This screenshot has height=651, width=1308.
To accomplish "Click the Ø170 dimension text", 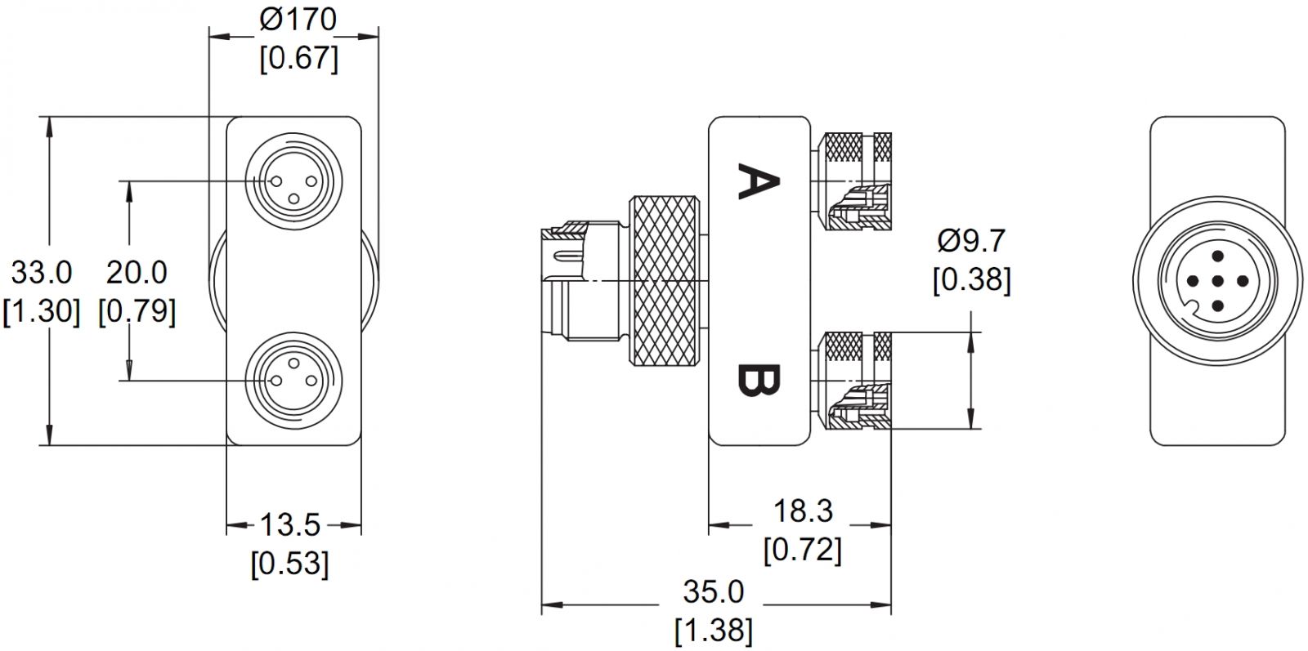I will [298, 20].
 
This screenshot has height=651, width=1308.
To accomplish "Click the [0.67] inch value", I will [298, 58].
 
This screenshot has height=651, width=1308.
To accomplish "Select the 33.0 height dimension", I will [42, 272].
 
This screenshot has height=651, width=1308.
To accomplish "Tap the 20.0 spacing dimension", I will [137, 272].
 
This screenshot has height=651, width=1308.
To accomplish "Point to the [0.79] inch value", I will [137, 310].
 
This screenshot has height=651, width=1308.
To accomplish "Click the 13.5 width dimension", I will [290, 524].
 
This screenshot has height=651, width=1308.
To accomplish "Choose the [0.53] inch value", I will [290, 563].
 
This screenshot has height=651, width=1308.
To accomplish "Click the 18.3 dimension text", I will [803, 511].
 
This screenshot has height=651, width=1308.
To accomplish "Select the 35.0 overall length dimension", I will [714, 591].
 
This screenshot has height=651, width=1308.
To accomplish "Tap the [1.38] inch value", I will [714, 630].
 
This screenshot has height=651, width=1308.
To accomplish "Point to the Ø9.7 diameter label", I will [971, 241].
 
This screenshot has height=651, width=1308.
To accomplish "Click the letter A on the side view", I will [757, 181].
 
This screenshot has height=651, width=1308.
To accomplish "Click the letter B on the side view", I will [757, 379].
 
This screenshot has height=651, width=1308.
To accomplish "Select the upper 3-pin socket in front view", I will [293, 180].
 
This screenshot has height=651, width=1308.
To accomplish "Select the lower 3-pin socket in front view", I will [293, 381].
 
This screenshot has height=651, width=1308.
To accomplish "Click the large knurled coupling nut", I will [663, 280].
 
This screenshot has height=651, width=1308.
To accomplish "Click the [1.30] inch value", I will [42, 310].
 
